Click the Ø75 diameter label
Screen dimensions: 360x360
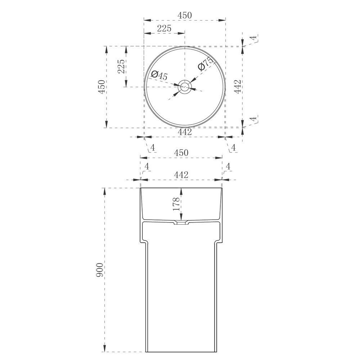(206, 64)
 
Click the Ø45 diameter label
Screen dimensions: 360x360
(160, 75)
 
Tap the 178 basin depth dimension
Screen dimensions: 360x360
(176, 204)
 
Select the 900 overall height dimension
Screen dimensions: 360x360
(100, 270)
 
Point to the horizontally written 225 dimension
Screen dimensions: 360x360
(164, 28)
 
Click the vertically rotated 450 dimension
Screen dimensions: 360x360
(102, 86)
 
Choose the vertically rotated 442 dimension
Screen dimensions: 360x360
(238, 86)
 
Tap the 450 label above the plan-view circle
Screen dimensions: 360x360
(185, 15)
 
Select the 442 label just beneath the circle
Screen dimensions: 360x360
(185, 132)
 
